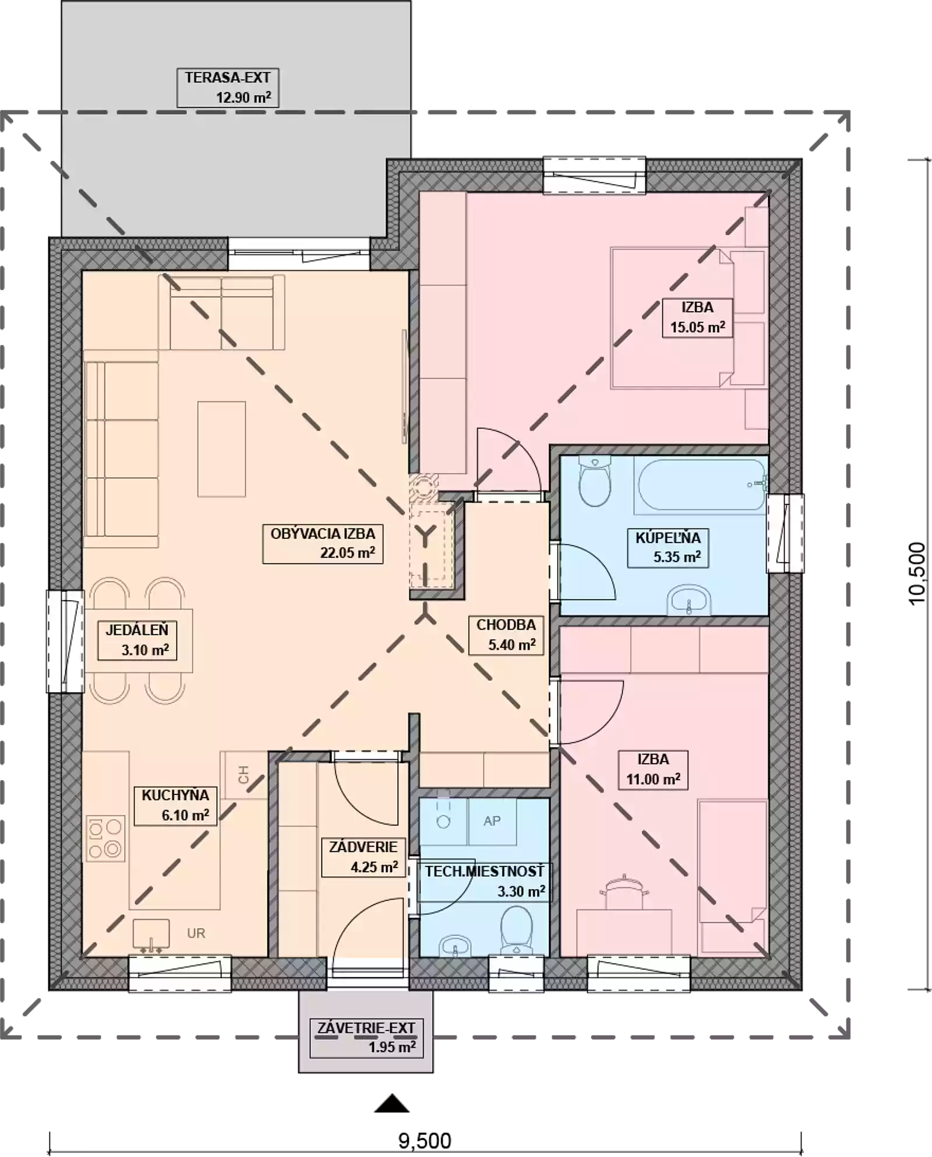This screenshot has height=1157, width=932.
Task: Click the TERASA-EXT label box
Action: tap(228, 87)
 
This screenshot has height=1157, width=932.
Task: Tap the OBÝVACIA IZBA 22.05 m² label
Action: tap(323, 544)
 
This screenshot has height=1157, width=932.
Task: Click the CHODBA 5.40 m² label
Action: tap(506, 635)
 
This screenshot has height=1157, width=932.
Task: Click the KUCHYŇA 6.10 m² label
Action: tap(175, 805)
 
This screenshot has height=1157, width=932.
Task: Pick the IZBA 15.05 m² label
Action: tap(697, 318)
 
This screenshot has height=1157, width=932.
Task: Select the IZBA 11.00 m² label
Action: tap(653, 770)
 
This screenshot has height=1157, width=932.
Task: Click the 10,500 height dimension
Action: tap(916, 573)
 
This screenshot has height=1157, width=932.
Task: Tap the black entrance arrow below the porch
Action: tap(392, 1103)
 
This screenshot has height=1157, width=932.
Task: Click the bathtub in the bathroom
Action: tap(701, 485)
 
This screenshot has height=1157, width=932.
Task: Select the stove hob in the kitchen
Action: tap(106, 838)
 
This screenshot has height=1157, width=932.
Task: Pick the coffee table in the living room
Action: tap(221, 449)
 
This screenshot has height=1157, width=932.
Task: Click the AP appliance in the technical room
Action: tap(492, 821)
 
